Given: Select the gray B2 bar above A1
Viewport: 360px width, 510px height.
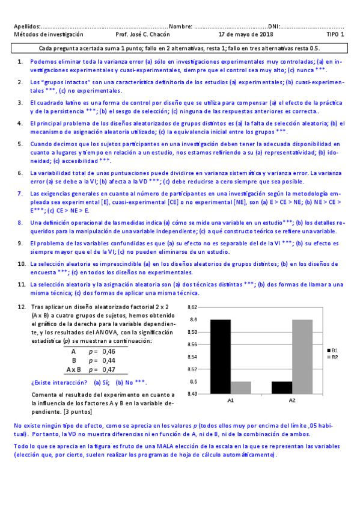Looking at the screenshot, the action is point(240,387).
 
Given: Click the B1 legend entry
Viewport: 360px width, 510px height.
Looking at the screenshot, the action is point(333,349).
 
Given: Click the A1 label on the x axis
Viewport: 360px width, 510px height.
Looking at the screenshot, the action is point(230,400).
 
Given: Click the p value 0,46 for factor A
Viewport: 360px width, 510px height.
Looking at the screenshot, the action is point(109,351).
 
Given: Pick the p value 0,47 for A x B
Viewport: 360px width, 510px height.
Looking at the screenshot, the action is point(109,369).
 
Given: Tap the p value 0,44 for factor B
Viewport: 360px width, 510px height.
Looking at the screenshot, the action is point(109,360).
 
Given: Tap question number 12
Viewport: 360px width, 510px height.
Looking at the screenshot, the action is point(21,307).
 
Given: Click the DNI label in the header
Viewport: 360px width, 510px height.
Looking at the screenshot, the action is point(273,26).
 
